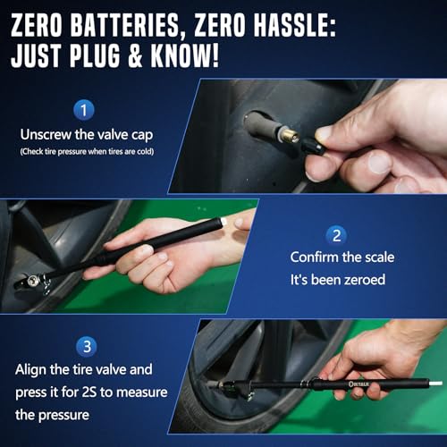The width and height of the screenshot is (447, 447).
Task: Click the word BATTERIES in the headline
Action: [x=125, y=26]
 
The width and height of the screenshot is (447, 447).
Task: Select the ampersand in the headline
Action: [x=136, y=55]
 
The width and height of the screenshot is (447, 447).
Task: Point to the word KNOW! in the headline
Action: [x=185, y=55]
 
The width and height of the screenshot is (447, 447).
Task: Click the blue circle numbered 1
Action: [x=84, y=110]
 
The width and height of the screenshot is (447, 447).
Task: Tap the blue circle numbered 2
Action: [x=336, y=235]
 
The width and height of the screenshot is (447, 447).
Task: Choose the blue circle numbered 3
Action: [x=87, y=347]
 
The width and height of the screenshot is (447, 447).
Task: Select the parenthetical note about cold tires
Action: [x=87, y=152]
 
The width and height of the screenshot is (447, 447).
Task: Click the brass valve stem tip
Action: [x=289, y=138]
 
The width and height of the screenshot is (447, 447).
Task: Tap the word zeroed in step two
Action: [x=365, y=280]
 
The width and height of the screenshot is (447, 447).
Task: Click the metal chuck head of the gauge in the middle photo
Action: [x=32, y=282]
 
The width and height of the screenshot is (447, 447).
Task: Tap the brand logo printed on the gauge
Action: [x=358, y=384]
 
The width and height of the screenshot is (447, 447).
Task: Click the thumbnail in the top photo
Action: [x=379, y=163]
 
